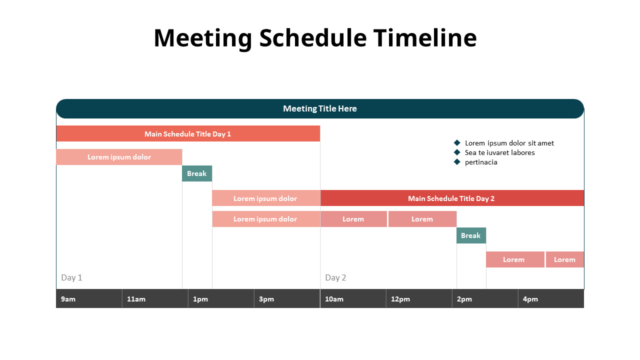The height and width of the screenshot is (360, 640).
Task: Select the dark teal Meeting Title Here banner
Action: [320, 108]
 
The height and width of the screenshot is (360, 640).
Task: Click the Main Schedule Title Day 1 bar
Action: [188, 134]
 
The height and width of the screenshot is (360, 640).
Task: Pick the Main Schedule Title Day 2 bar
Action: [451, 198]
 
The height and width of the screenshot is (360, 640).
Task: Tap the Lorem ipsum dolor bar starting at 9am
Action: [119, 157]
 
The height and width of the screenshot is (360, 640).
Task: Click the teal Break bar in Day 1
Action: [197, 173]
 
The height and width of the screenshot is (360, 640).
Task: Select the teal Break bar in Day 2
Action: [471, 235]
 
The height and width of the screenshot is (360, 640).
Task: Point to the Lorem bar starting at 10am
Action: [353, 219]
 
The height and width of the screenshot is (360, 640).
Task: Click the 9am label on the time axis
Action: [68, 299]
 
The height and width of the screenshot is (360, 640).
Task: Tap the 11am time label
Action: [136, 299]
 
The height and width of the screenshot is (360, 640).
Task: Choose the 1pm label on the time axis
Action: [200, 299]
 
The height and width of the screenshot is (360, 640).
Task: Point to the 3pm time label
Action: [266, 299]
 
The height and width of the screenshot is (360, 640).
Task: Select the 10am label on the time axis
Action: [334, 299]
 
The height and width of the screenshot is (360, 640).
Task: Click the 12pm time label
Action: [400, 299]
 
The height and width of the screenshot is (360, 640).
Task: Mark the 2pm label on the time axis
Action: [464, 299]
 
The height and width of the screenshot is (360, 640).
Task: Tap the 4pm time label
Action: [530, 299]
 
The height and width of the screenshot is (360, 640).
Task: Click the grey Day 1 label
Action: [71, 277]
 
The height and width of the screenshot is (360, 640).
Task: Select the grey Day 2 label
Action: [335, 277]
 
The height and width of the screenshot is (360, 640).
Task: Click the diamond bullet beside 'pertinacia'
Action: [456, 161]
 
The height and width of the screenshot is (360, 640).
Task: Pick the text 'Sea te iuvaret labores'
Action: [499, 152]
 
